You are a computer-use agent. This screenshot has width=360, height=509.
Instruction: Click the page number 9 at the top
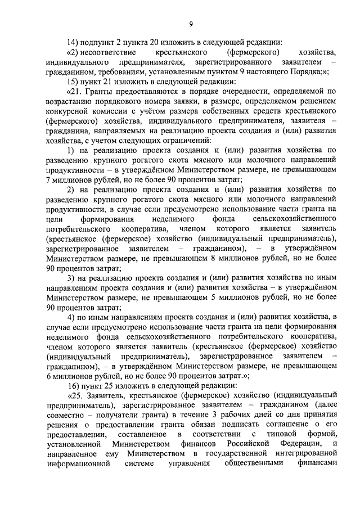[191, 23]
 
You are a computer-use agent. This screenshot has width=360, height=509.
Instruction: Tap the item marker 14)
[73, 42]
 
